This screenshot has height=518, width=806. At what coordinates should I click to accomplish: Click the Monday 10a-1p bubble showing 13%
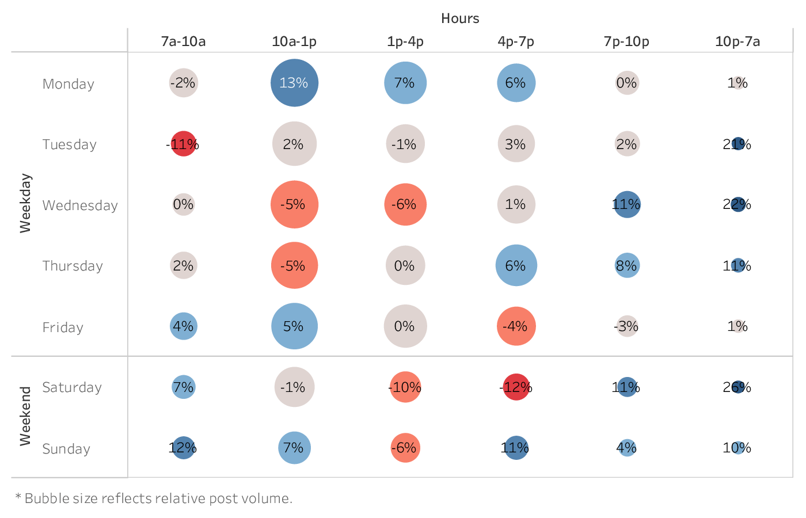[x=294, y=83]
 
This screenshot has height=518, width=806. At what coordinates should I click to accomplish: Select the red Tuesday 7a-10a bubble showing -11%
[x=183, y=144]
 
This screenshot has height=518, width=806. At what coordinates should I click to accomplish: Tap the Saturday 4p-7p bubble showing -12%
[x=516, y=387]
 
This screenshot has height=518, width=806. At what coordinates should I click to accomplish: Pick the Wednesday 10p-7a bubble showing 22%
[x=737, y=204]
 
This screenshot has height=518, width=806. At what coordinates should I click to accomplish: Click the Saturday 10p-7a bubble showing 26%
[x=737, y=387]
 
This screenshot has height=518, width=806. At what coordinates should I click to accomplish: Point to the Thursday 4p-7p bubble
[x=516, y=265]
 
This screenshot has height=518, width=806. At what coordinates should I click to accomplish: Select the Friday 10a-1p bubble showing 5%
[x=294, y=326]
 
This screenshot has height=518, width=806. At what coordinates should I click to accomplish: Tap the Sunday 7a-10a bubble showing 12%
[x=183, y=448]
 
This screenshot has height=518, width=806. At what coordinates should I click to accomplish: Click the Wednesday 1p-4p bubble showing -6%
[x=405, y=204]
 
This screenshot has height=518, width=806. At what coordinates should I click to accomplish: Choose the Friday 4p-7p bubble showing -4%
[x=516, y=326]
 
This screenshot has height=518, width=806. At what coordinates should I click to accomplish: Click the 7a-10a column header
[x=183, y=41]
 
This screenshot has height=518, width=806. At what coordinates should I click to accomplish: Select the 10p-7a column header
[x=737, y=41]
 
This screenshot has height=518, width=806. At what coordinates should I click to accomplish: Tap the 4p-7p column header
[x=516, y=41]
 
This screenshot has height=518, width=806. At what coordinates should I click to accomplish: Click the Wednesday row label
[x=80, y=205]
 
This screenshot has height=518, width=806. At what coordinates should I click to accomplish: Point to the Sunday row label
[x=66, y=449]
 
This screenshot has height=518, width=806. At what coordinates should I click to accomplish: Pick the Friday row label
[x=63, y=327]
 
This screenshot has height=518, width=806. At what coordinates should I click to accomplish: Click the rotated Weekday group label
[x=25, y=203]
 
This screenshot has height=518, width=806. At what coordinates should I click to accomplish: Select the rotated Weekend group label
[x=25, y=416]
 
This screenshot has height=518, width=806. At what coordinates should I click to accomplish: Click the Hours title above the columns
[x=460, y=18]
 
